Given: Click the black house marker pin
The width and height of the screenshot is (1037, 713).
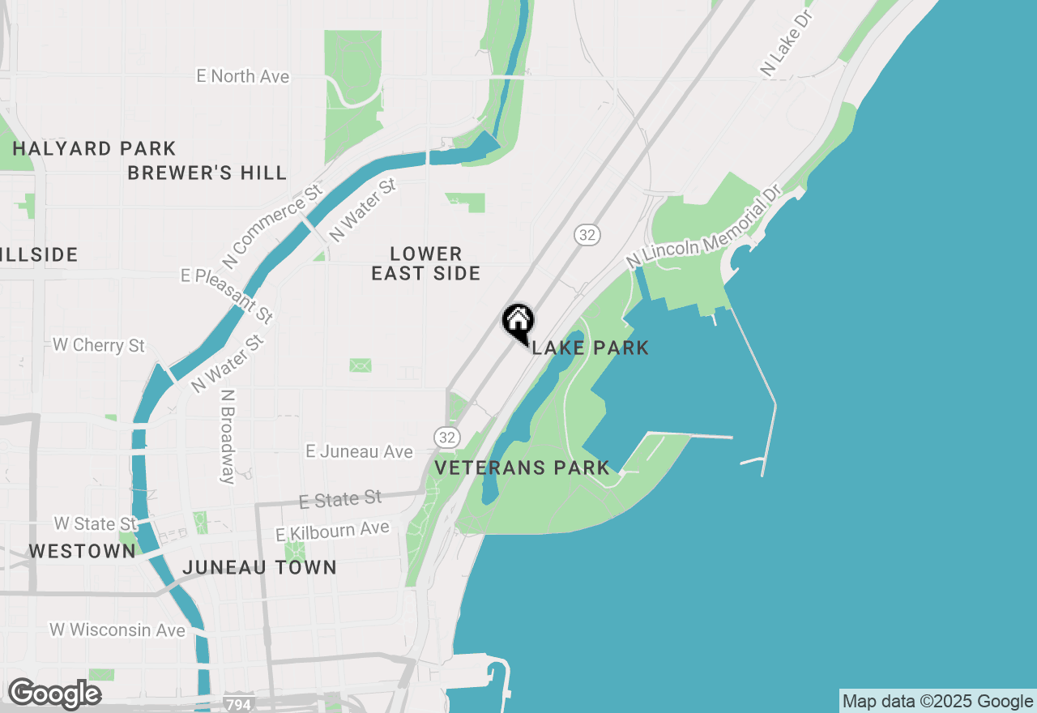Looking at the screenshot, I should click(518, 322).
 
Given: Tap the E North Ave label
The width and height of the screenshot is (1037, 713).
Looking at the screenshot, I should click(243, 76).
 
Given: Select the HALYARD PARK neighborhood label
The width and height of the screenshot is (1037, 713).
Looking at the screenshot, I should click(94, 148).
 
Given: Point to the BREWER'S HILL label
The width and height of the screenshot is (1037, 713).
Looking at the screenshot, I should click(207, 173).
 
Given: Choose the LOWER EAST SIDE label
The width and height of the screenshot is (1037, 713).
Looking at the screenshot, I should click(426, 264).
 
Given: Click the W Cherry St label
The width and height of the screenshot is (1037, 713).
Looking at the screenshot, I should click(99, 345).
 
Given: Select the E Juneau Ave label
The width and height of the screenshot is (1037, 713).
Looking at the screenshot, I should click(359, 451).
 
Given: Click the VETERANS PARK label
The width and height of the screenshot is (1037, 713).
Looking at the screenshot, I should click(523, 468).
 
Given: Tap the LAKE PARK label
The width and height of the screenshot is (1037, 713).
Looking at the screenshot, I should click(591, 348).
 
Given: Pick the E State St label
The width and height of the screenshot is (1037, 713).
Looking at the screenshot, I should click(340, 500).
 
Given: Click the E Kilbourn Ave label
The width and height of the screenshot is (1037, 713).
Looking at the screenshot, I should click(333, 532).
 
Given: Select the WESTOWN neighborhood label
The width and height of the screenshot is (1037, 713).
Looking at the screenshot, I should click(82, 551).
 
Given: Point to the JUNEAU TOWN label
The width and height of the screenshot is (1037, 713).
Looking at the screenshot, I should click(259, 567).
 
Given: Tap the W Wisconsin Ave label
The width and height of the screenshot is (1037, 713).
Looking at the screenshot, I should click(117, 630).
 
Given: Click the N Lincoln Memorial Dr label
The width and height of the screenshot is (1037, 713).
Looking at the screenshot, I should click(703, 226).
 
